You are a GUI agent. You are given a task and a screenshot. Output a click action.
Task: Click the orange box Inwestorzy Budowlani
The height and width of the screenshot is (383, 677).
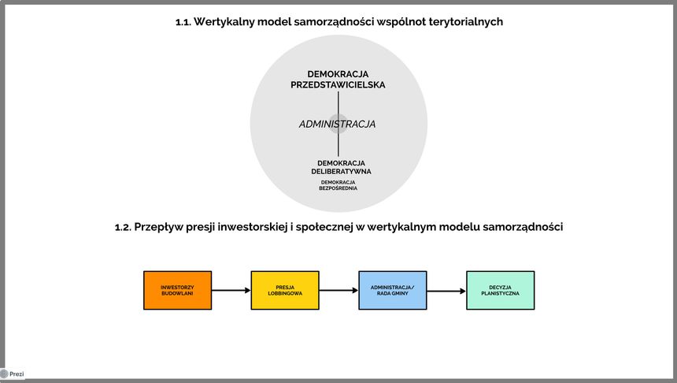[x=177, y=290]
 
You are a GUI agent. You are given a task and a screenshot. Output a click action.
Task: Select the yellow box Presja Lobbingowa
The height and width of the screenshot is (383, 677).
[x=285, y=290]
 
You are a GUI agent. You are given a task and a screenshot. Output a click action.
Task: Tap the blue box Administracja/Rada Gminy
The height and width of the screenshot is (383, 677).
[x=393, y=290]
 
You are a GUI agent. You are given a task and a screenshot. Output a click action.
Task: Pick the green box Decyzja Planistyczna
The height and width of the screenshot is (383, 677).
[x=500, y=290]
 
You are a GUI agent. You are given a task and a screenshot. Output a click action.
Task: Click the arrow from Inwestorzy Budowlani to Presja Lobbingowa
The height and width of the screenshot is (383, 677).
[x=231, y=290]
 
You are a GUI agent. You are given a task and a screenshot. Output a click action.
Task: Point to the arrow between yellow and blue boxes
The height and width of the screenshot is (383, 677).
[x=338, y=290]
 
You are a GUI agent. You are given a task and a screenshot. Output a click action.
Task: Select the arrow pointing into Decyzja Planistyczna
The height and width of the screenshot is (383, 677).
[x=446, y=291]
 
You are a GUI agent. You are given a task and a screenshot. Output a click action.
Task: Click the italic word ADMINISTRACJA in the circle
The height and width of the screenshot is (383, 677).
[x=337, y=125]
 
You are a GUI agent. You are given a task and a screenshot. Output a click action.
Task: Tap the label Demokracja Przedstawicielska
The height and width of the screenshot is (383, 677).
[x=338, y=79]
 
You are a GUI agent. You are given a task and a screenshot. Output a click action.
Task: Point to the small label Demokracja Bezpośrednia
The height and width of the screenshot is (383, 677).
[x=338, y=185]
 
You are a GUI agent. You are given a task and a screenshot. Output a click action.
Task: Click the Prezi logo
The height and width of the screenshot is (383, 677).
[x=13, y=374]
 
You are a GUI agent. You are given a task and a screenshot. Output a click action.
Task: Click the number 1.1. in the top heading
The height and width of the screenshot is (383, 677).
[x=185, y=22]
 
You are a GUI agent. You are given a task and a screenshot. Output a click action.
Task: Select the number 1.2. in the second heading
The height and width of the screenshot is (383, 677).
[x=124, y=227]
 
